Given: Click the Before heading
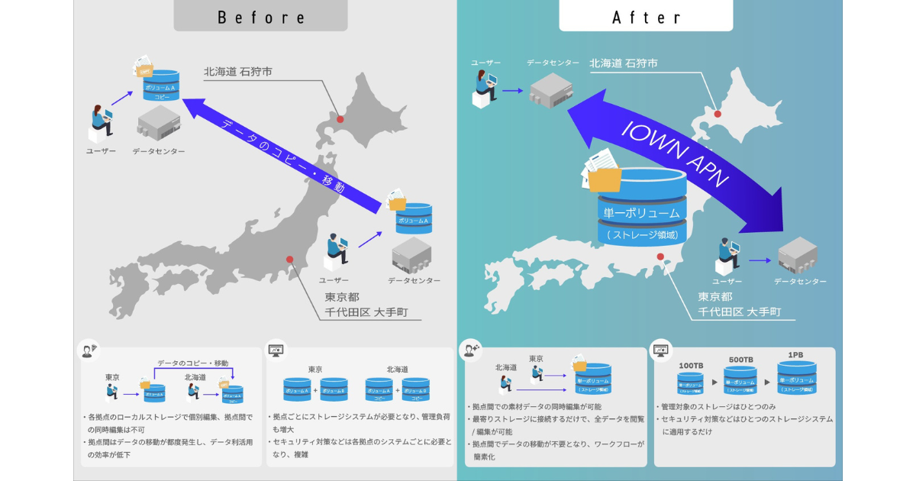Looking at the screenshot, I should (x=261, y=17).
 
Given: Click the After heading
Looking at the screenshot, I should (x=645, y=17).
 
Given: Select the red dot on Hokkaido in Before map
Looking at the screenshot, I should (x=340, y=119).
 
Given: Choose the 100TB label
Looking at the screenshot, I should (x=691, y=366).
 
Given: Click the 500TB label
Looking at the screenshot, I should (x=740, y=360).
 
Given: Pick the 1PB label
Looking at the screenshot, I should (x=795, y=355).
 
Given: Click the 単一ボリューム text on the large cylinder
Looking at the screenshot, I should (x=642, y=213).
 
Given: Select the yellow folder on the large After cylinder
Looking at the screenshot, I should (x=603, y=177).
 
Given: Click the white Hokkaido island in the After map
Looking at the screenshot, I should (x=733, y=122).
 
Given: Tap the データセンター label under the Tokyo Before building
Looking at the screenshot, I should (x=414, y=281).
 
